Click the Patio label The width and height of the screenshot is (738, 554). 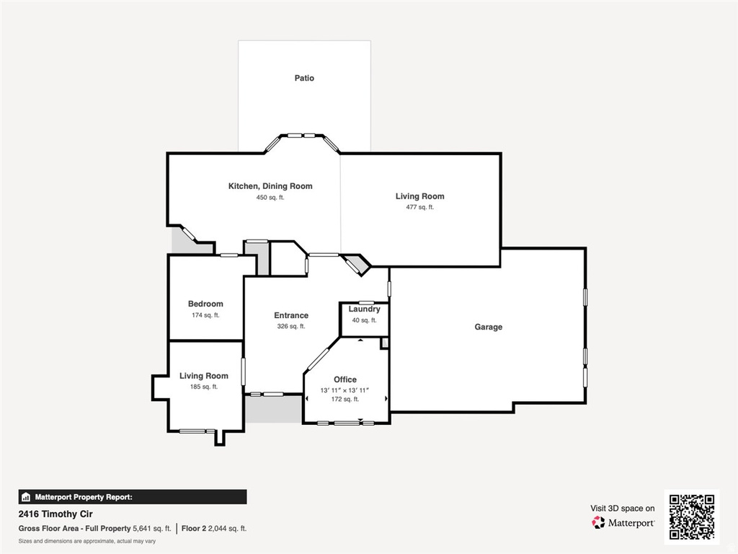[304, 78]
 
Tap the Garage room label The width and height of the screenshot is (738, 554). [488, 327]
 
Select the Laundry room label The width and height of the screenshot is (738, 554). [364, 309]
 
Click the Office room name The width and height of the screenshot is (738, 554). [345, 379]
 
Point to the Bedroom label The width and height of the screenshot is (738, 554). [205, 304]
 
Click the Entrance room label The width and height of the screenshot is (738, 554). [291, 315]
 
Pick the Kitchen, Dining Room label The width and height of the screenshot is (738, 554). [270, 186]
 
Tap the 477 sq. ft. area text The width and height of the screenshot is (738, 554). [419, 207]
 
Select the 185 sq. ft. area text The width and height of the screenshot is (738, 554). [203, 387]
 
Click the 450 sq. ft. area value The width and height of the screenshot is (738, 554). [270, 197]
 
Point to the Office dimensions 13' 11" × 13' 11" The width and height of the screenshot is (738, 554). [345, 390]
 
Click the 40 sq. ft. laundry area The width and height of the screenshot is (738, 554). [364, 320]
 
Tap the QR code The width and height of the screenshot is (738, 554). [691, 517]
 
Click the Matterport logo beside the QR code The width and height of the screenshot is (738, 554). [623, 522]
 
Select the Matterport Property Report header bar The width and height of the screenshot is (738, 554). [133, 496]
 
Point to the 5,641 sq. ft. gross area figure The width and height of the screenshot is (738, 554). [151, 529]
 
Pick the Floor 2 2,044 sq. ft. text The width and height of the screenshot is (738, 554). [214, 529]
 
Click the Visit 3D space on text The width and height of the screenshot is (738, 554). [623, 509]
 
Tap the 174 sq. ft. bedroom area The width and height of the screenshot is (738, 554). [205, 315]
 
